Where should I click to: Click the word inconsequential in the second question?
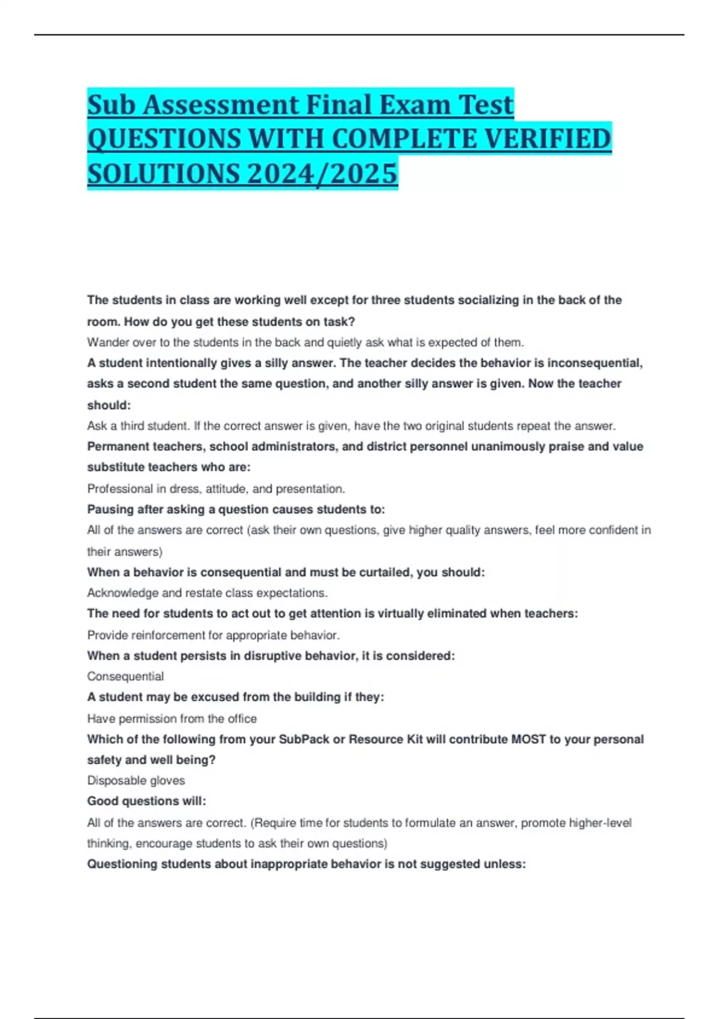coord(593,363)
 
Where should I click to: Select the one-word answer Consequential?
coord(125,676)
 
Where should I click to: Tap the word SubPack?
coord(303,739)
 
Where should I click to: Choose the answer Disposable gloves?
coord(136,780)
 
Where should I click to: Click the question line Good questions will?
coord(147,801)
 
